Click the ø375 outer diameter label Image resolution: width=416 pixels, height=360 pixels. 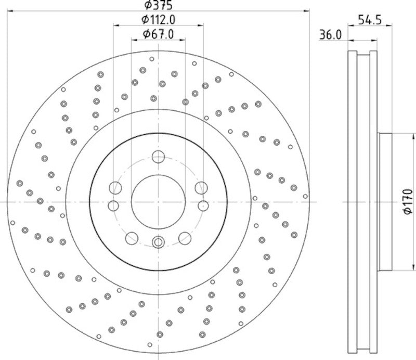pos(158,5)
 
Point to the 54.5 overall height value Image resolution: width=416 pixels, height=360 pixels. pos(370,20)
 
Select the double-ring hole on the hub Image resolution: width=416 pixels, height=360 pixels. pos(158,241)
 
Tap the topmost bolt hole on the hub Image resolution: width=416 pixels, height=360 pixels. pos(158,156)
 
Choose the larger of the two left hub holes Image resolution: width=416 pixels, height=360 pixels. pos(115,188)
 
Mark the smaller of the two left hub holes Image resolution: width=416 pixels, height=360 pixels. pos(113,205)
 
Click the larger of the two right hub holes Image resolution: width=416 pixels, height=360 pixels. pos(201,188)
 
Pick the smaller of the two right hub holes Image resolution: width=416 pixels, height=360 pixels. pos(203,205)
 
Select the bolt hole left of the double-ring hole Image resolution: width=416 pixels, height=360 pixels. pos(132,238)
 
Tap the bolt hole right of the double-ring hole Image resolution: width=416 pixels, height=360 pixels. pos(184,238)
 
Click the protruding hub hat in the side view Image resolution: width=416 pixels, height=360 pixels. pos(384,201)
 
